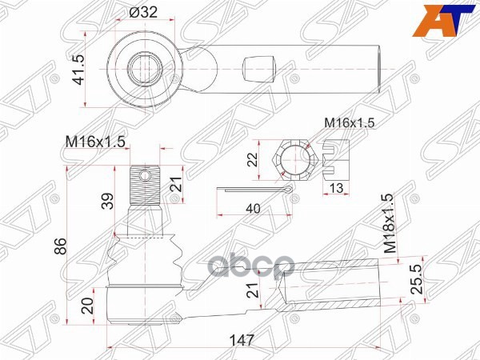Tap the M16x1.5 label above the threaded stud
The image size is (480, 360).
[95, 142]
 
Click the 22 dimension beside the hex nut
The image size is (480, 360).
[253, 160]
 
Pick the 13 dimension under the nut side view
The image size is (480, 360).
[338, 188]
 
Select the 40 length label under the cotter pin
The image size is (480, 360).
[253, 208]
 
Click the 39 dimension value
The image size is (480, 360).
[106, 200]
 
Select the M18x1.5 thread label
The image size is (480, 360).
[389, 224]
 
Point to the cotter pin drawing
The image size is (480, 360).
[254, 190]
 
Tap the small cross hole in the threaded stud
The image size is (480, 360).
[145, 174]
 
